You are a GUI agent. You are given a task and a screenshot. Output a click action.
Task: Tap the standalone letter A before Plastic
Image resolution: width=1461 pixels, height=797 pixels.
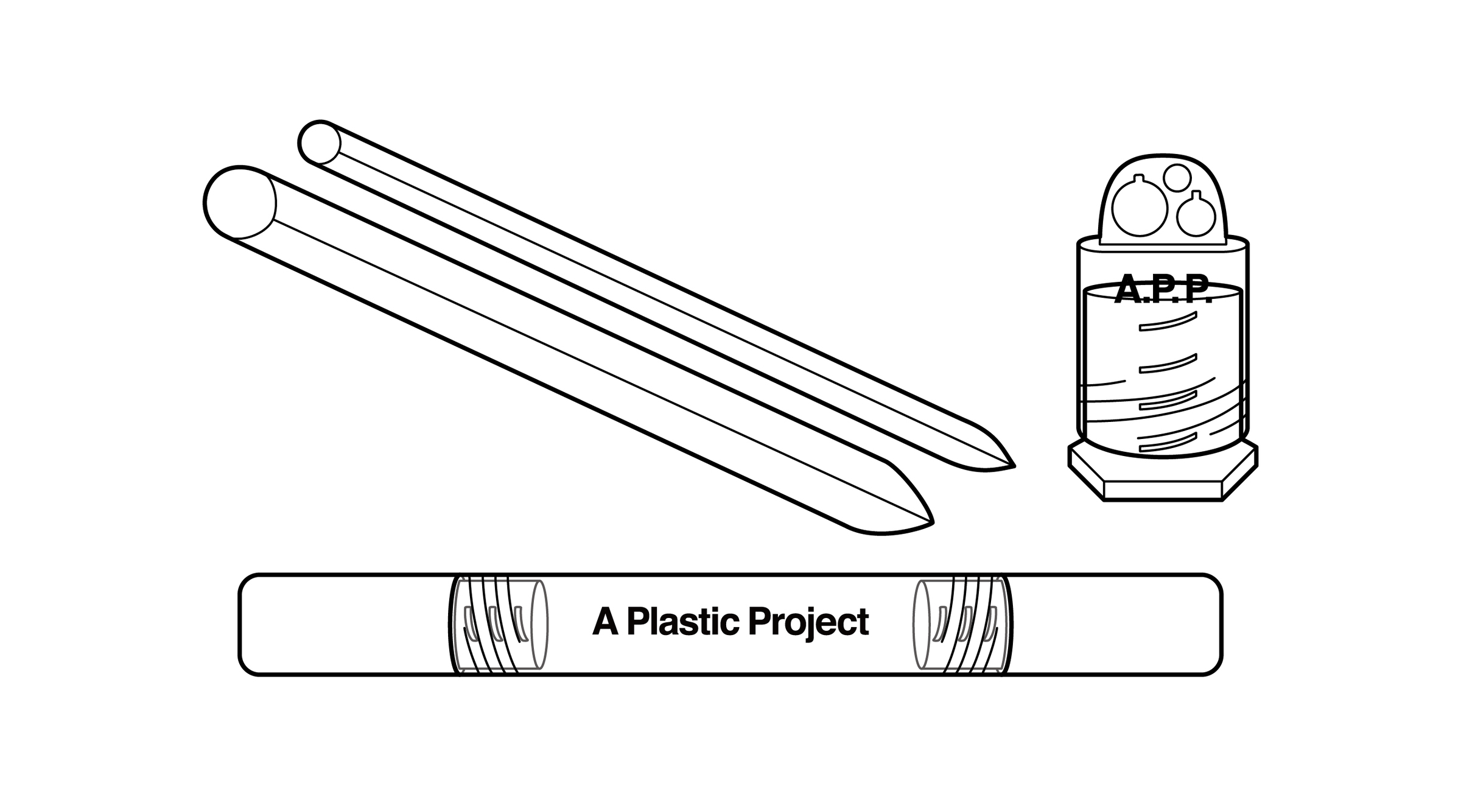coord(605,622)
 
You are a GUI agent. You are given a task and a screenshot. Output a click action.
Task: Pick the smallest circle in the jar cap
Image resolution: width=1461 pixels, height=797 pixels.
coord(1177,177)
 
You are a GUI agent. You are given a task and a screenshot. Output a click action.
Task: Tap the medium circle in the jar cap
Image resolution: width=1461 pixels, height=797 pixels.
coord(1196,217)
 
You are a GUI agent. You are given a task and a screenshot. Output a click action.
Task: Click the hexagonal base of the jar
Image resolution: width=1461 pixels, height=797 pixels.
coord(1163,481)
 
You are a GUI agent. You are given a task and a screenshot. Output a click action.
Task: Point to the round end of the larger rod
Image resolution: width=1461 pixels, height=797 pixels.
coord(239,202)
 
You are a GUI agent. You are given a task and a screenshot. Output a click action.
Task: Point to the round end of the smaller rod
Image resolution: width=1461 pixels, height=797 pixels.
coord(319,142)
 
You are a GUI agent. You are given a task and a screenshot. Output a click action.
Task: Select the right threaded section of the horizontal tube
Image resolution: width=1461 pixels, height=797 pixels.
coord(962,625)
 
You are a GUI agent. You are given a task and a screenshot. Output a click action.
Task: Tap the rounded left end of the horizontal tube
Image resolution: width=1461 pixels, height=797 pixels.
coord(250,625)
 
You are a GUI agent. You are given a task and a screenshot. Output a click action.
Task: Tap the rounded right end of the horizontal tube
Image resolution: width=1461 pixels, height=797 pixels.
coord(1211,625)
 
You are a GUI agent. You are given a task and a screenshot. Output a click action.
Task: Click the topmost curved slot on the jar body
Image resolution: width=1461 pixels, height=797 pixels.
coord(1168,322)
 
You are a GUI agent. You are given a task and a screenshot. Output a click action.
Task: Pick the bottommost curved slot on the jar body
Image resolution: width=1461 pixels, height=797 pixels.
coord(1168,443)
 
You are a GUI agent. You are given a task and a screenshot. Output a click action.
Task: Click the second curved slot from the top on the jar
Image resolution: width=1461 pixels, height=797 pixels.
coord(1168,363)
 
